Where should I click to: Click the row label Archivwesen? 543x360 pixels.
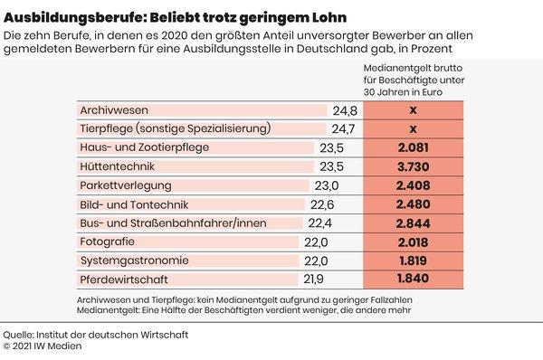coord(113,111)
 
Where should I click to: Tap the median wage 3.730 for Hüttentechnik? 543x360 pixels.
coord(412,168)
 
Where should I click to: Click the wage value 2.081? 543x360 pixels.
coord(412,149)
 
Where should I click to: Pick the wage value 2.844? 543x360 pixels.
coord(412,223)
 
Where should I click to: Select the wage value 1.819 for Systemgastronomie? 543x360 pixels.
coord(412,261)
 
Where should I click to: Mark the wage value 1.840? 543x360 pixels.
coord(412,279)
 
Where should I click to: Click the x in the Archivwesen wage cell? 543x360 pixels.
coord(412,111)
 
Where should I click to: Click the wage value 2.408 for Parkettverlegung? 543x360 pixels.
coord(412,186)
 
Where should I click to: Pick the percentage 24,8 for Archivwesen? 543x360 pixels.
coord(345,111)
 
